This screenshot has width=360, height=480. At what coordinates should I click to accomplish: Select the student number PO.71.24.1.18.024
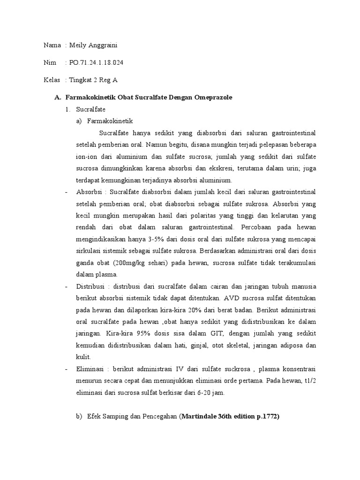click(97, 62)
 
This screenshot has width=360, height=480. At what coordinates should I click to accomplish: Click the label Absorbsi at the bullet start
click(89, 192)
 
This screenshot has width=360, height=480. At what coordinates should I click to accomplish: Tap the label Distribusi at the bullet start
click(91, 286)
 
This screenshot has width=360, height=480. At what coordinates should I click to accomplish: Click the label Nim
click(49, 62)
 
